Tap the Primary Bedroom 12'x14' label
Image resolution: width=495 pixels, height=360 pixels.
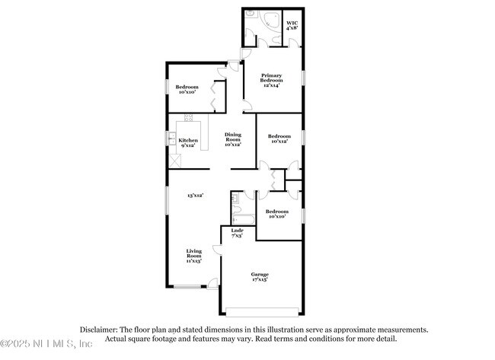coord(272,80)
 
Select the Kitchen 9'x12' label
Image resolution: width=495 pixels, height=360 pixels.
coord(188,142)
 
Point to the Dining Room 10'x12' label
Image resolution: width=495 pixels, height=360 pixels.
coord(233,139)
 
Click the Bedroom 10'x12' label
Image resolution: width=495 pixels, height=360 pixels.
coord(279,139)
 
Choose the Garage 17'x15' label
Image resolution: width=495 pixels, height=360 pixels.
coord(260,277)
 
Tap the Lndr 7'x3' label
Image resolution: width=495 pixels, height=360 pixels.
coord(237,233)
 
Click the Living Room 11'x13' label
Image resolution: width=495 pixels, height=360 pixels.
coord(195,256)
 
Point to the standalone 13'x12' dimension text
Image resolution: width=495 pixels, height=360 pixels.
coord(195,196)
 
